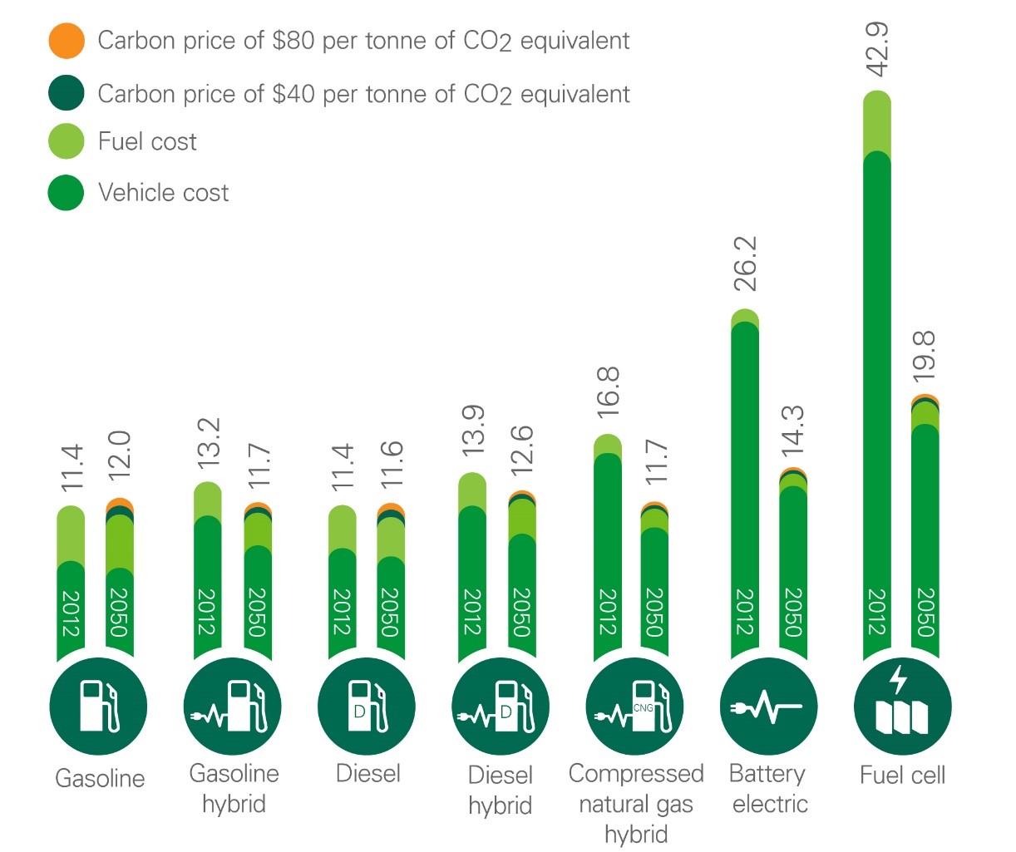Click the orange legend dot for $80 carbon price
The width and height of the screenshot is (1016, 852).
coord(67,41)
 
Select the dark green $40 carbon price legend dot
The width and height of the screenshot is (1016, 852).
coord(67,92)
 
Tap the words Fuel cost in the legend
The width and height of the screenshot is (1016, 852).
coord(147,142)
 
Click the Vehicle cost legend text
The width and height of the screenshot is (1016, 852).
coord(163,193)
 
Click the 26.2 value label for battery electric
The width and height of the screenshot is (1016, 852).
coord(746,263)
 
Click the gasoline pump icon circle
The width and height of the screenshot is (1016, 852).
coord(99,707)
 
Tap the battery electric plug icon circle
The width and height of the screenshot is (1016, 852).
coord(768,707)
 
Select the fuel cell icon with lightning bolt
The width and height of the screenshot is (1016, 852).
coord(902,707)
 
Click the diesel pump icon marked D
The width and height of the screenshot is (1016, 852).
coord(367,707)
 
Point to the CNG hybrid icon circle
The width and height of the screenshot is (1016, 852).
coord(634,707)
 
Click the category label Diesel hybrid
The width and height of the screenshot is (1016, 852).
coord(500,790)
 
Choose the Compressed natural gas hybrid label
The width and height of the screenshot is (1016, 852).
coord(636,804)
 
